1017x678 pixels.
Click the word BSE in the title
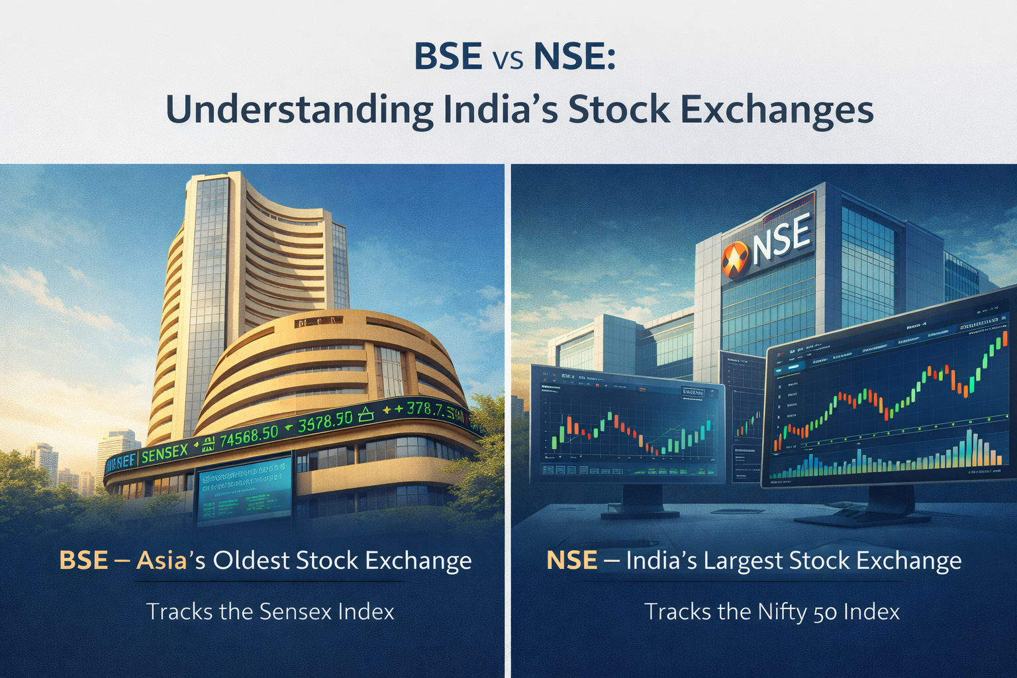click(x=448, y=58)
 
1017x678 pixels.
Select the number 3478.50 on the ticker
click(x=325, y=422)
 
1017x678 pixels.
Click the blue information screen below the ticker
click(x=244, y=491)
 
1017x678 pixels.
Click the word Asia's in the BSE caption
click(x=171, y=561)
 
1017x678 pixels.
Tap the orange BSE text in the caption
click(x=83, y=561)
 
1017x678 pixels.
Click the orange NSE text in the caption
click(x=571, y=561)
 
